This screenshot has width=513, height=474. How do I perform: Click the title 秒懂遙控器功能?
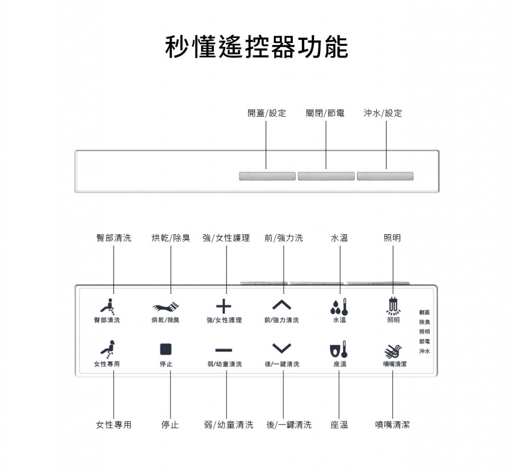256,47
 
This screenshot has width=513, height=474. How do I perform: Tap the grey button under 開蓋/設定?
267,176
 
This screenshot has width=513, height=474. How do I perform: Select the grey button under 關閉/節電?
326,176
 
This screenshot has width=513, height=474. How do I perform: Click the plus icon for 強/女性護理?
223,306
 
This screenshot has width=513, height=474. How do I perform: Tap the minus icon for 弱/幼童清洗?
223,349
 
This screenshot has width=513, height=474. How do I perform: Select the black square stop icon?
166,349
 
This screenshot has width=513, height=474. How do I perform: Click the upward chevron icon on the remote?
282,305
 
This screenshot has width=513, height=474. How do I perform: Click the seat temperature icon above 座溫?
339,349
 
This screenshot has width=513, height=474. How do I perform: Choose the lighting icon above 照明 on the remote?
393,305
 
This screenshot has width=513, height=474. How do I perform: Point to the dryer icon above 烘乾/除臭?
166,306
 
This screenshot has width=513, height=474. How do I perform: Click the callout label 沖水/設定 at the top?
383,113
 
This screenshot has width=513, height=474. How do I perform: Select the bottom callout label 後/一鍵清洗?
289,424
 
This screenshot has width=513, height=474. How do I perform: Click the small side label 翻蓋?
425,312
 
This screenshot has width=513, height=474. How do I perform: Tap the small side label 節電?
425,342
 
